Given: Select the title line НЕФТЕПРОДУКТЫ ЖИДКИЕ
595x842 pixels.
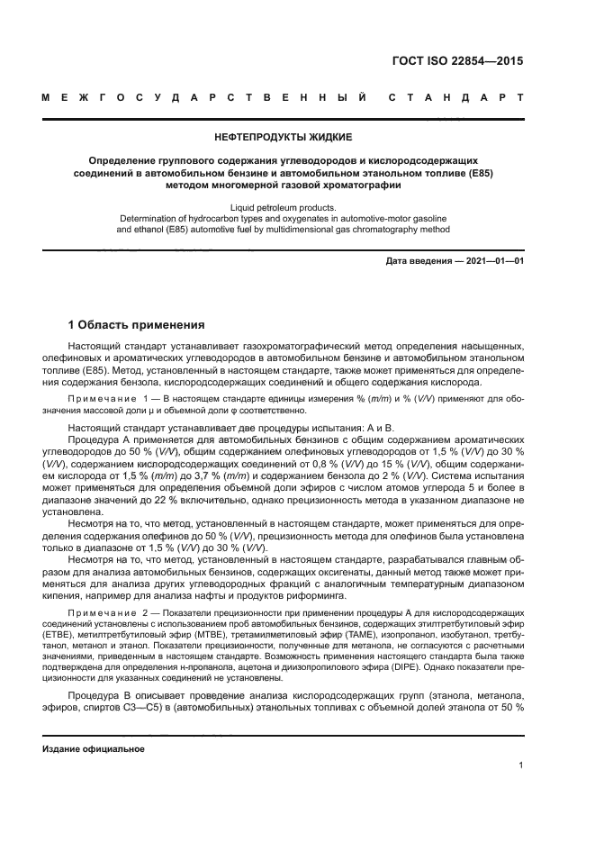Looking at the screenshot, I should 282,137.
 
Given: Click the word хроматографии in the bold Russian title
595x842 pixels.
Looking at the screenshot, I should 350,186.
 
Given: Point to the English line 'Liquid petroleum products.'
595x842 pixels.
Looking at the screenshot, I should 283,206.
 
